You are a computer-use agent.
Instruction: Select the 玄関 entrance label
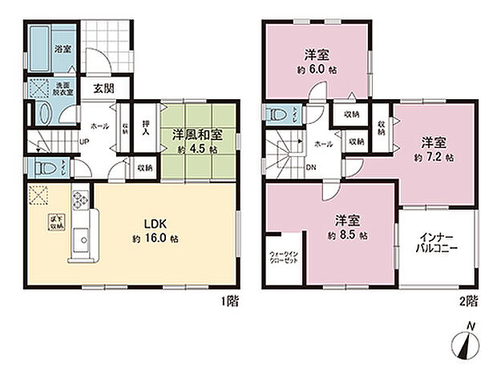click(101, 88)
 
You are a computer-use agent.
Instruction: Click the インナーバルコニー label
click(438, 244)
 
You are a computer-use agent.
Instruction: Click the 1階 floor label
click(229, 302)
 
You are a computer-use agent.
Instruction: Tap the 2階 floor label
click(470, 302)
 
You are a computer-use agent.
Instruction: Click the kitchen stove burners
click(80, 198)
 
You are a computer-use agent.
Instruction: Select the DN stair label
click(311, 168)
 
